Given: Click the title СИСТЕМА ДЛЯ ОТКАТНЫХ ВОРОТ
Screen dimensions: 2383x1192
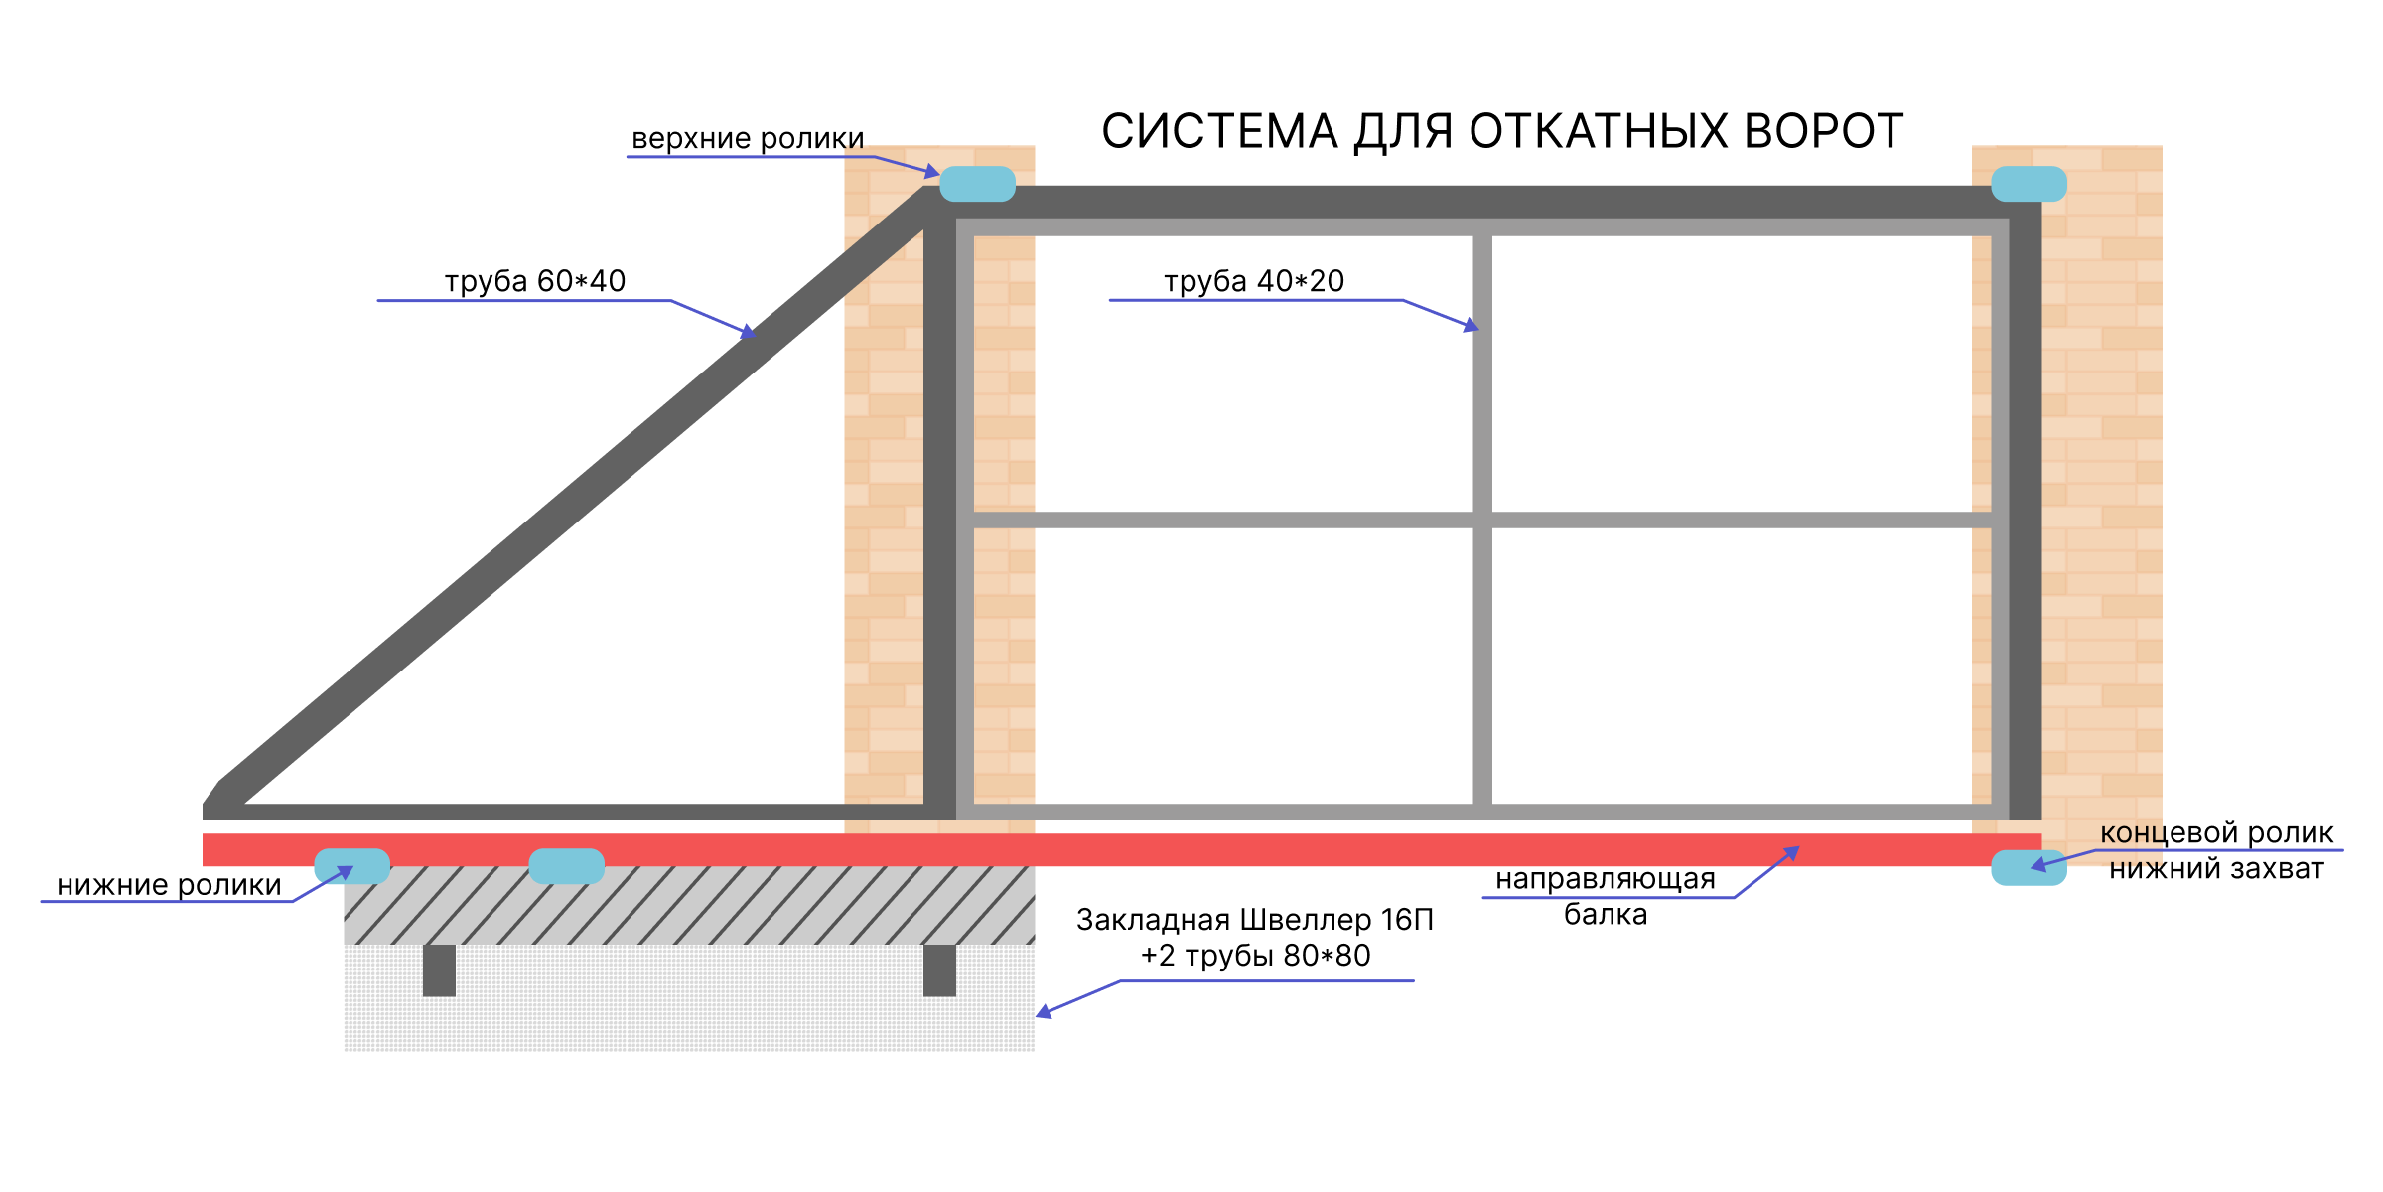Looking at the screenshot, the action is (1502, 132).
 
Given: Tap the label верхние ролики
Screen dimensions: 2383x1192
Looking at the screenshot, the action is (748, 139).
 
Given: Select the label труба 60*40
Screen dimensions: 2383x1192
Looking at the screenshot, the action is (535, 282).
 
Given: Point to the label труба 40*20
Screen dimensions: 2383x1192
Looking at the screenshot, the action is (1254, 282).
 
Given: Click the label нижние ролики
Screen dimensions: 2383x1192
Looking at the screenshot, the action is (170, 885).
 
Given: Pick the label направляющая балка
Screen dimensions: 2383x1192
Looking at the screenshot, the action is (1606, 896).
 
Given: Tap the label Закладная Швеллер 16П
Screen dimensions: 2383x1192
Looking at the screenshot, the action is (1255, 920).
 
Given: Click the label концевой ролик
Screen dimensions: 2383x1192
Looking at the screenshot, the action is (2216, 833).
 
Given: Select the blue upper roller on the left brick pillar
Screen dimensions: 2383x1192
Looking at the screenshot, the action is (978, 184).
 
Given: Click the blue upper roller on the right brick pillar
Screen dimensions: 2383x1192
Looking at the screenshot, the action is (2030, 184).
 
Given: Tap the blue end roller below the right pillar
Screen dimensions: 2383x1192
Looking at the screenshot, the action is (2030, 867).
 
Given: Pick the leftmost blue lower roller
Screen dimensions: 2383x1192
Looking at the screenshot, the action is (352, 866).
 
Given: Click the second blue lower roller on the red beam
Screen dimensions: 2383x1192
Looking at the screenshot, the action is (567, 866).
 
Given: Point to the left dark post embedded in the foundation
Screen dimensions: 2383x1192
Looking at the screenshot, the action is (439, 970).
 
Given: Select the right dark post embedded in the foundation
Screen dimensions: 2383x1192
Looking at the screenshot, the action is (939, 970).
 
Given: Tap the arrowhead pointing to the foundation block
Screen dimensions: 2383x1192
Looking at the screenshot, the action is (1044, 1012).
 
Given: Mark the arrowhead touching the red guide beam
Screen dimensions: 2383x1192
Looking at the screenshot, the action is (1791, 852).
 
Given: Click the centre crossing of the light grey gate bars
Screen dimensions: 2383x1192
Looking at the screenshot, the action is (1482, 521).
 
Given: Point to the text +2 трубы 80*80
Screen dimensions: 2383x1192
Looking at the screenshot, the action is (1255, 956).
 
